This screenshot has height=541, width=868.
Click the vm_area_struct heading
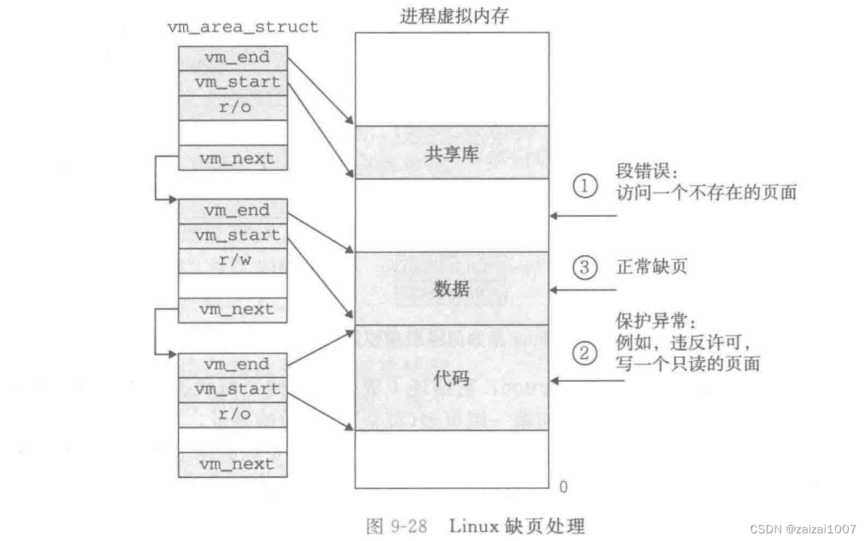click(x=242, y=27)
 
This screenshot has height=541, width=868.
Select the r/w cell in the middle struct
click(x=233, y=261)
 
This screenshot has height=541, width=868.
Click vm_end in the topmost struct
click(x=233, y=58)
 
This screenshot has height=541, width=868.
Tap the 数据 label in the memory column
click(x=451, y=289)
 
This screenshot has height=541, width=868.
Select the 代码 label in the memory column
click(x=451, y=379)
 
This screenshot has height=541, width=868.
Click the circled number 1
click(x=585, y=186)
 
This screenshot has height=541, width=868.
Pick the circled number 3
click(x=585, y=268)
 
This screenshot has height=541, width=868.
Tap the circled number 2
click(x=585, y=354)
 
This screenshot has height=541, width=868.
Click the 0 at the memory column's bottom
click(x=563, y=487)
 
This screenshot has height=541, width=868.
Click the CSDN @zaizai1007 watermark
click(x=802, y=529)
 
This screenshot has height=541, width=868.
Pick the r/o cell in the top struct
click(x=233, y=107)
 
